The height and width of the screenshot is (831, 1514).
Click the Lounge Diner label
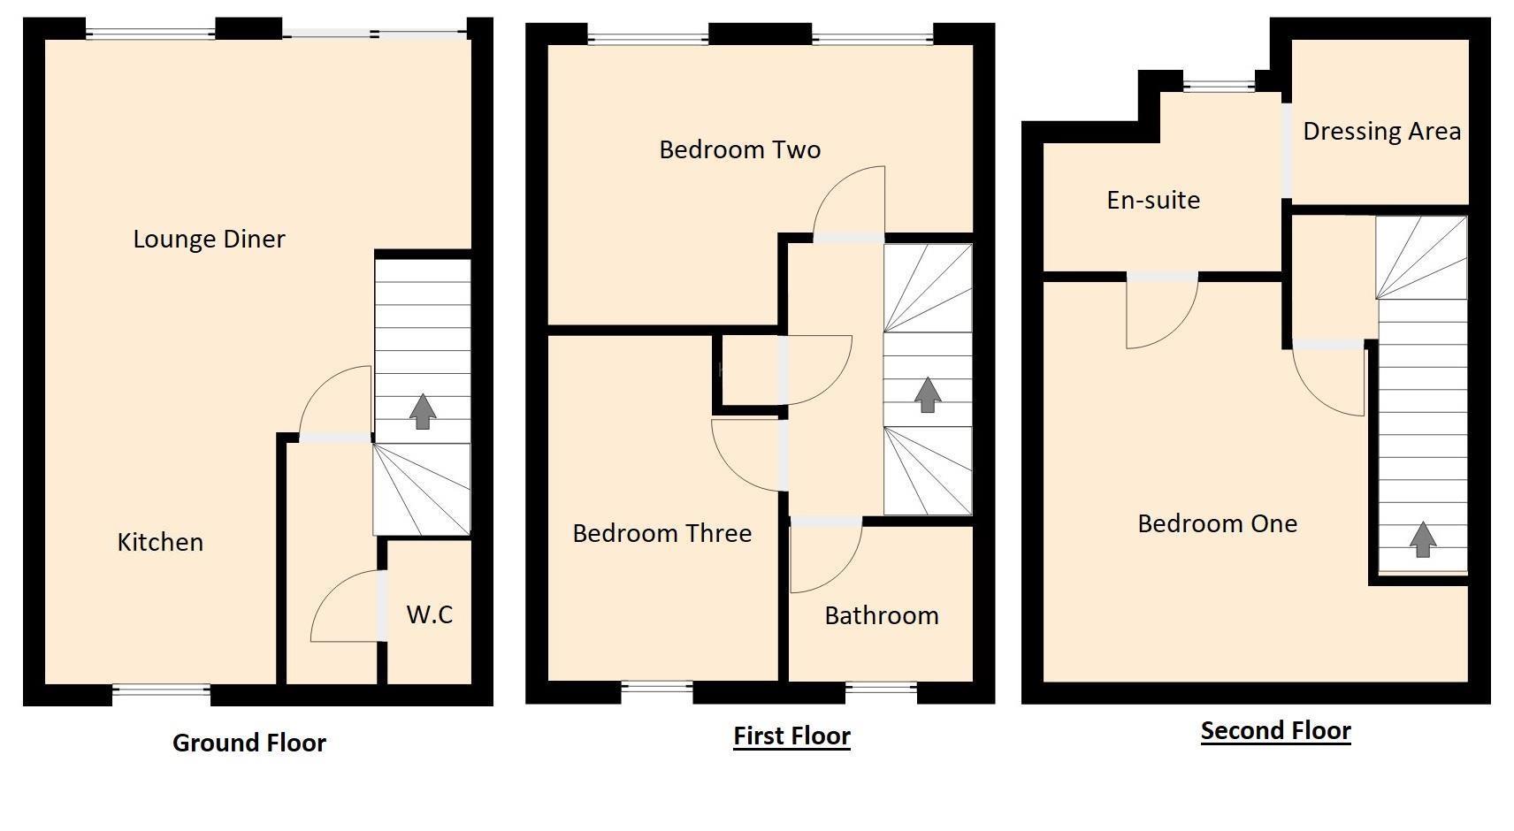click(209, 239)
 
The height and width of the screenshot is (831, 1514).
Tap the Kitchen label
click(160, 542)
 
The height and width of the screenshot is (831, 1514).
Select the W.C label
click(430, 614)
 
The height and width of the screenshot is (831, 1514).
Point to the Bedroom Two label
click(739, 149)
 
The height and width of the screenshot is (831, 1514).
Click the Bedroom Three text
click(661, 533)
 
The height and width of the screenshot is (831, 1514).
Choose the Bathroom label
click(881, 615)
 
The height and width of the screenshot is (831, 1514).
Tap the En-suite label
click(1153, 200)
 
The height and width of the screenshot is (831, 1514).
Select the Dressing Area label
click(1381, 131)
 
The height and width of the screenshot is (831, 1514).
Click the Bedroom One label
click(1217, 523)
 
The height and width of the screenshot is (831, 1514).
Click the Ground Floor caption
click(249, 743)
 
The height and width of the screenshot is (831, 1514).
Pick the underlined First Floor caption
click(791, 736)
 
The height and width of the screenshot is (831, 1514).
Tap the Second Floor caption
click(1275, 730)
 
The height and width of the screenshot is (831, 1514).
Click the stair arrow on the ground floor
click(423, 411)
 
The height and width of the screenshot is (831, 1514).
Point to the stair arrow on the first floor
click(927, 394)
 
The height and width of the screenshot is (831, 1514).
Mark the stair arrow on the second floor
click(1422, 539)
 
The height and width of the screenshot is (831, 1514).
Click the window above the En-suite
click(1219, 86)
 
